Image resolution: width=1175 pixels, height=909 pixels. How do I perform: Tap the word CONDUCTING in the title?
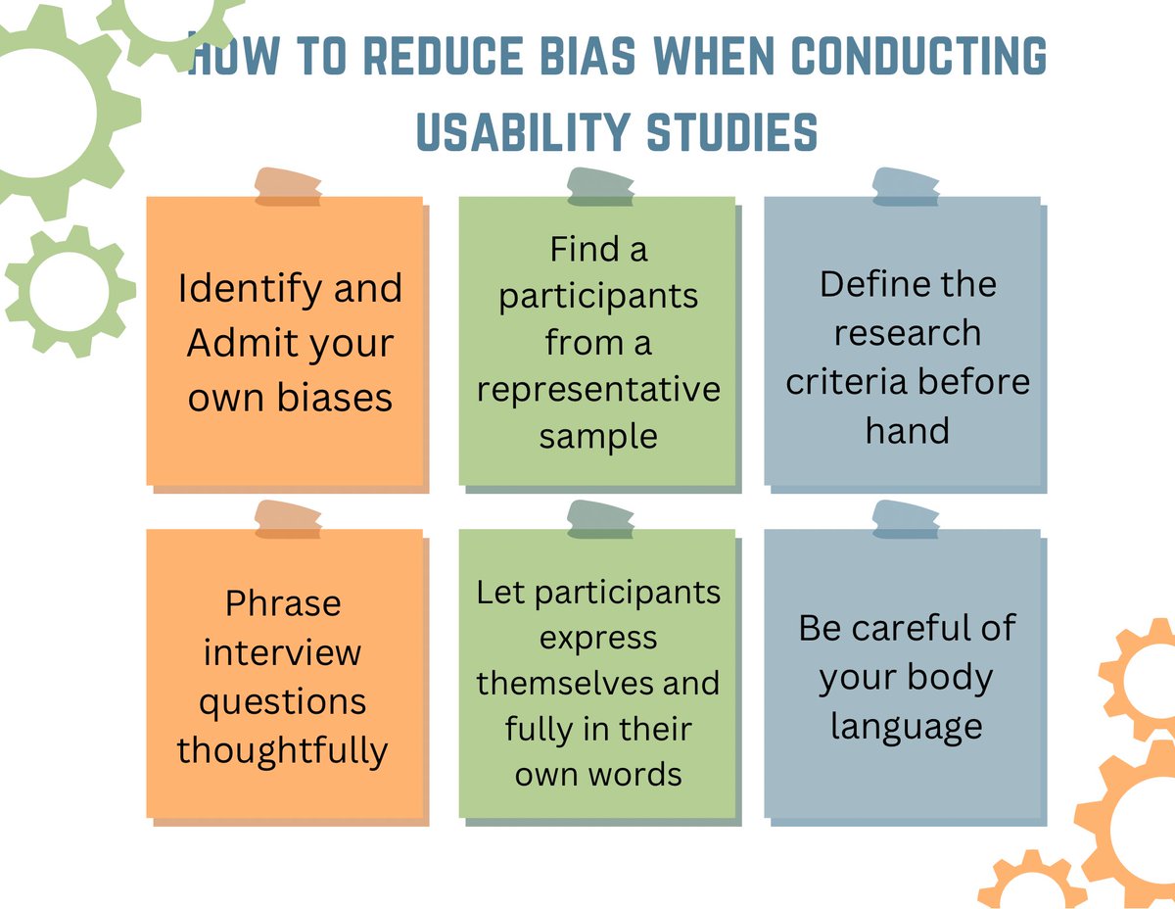(918, 58)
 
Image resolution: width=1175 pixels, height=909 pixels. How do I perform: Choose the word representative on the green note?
(598, 389)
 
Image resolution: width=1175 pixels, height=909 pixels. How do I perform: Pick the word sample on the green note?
(598, 436)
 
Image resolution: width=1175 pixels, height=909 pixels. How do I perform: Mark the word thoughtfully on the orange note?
(283, 750)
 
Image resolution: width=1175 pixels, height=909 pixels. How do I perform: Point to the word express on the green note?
(598, 637)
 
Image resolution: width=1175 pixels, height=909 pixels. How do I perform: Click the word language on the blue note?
(906, 727)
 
